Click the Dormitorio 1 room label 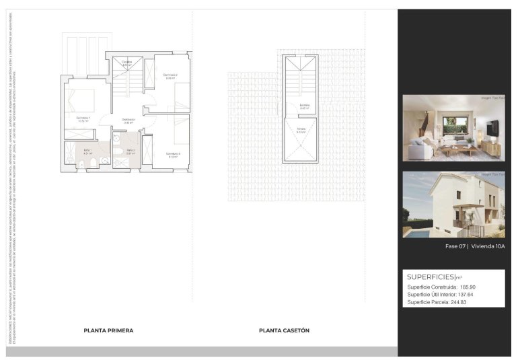click(83, 118)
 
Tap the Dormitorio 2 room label click(171, 75)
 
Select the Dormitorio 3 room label click(174, 154)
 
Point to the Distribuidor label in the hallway click(128, 120)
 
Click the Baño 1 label click(87, 151)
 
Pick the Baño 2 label click(131, 151)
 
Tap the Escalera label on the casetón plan click(304, 105)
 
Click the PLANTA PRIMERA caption click(108, 330)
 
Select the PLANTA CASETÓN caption click(284, 330)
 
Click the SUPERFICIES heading click(431, 277)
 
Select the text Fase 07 click(455, 246)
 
